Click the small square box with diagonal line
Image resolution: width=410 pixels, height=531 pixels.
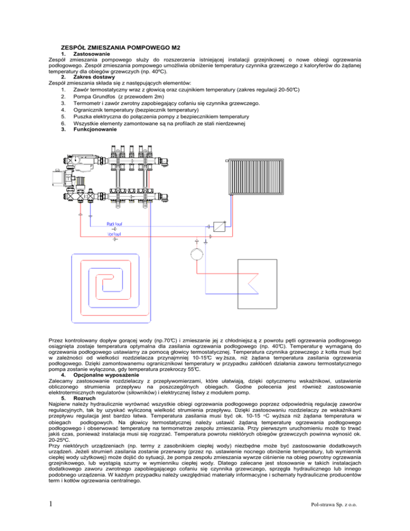(218, 225)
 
